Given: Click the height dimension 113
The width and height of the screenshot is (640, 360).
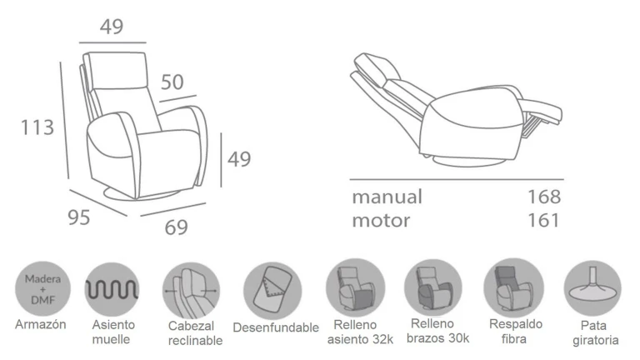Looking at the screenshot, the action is coord(37,127).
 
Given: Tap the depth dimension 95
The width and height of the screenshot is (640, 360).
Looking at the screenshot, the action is coord(79,217).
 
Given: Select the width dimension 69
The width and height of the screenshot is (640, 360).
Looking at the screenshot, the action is coord(177,227).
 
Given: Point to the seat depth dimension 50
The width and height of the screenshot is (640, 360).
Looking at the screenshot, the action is coord(172,82).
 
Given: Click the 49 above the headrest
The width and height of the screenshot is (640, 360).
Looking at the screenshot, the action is coord(112,27).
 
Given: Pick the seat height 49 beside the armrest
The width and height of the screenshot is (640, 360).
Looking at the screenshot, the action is coord(239,159).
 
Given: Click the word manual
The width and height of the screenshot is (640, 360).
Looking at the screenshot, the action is coord(387,197).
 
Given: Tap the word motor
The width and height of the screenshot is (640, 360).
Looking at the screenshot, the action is coord(381,220).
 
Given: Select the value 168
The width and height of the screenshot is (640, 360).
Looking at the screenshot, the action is coord(544,197).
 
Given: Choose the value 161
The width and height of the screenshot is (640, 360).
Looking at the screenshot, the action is coord(543,220).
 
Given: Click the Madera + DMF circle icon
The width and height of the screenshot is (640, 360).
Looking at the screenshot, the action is coord(42,289).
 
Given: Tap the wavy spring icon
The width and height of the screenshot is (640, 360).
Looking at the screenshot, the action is coord(112,290).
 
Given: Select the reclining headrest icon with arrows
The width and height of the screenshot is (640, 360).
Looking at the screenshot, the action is coord(191,291).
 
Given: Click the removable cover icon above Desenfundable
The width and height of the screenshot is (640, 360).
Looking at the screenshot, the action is coord(272,291).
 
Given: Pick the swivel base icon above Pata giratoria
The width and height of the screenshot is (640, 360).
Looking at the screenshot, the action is coord(592,288).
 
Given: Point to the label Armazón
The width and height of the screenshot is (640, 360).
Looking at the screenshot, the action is coord(40,324).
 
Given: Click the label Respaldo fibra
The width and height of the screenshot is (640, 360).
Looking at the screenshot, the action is coord(516,331).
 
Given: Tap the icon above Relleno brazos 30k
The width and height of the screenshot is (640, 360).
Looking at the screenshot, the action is coord(433,287).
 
